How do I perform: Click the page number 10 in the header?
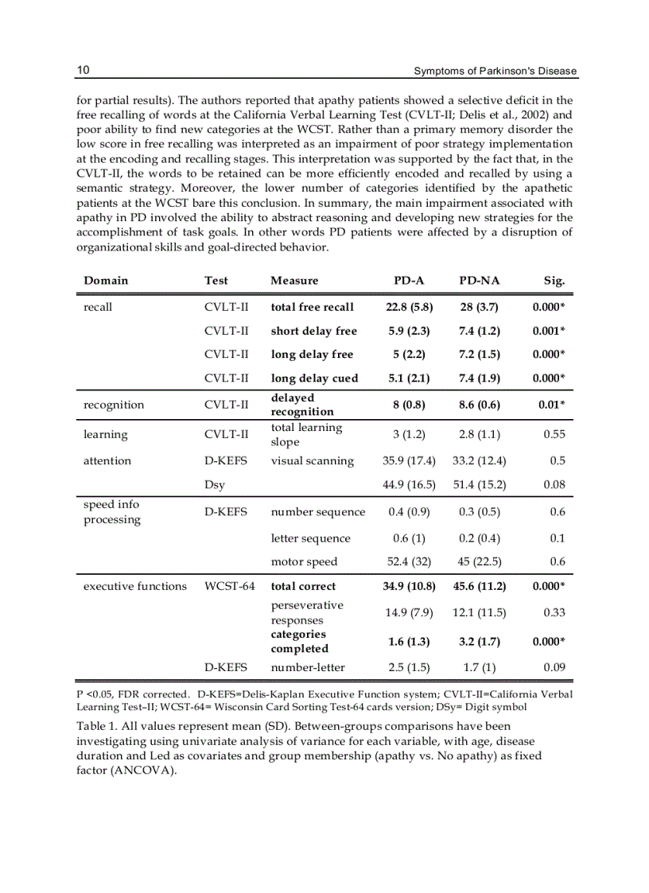[x=83, y=71]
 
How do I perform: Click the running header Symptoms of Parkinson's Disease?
[x=495, y=72]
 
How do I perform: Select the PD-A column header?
[x=409, y=281]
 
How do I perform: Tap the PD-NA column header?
[x=479, y=281]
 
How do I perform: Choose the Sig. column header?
[x=554, y=281]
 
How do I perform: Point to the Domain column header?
[x=106, y=281]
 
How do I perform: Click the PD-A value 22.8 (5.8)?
[x=409, y=307]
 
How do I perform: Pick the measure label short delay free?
[x=314, y=331]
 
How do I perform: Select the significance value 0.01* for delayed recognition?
[x=551, y=405]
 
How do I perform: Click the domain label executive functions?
[x=135, y=586]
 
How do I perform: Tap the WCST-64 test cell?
[x=230, y=586]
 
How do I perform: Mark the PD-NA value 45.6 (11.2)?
[x=479, y=586]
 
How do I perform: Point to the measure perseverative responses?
[x=307, y=612]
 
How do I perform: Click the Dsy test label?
[x=215, y=484]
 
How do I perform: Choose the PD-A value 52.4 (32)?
[x=409, y=561]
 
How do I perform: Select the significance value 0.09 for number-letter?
[x=554, y=667]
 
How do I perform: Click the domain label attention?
[x=107, y=460]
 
